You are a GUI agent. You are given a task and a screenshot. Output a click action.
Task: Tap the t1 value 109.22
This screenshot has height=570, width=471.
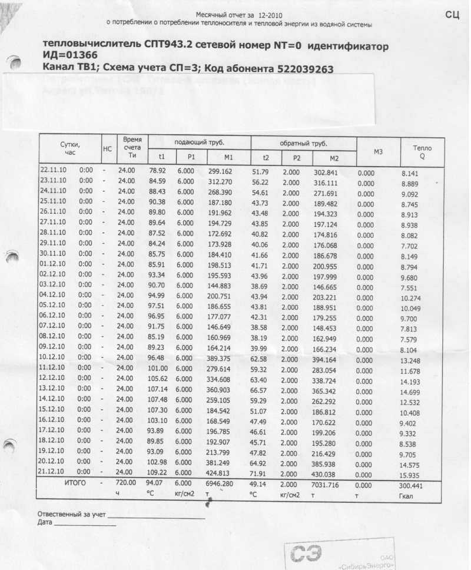[157, 472]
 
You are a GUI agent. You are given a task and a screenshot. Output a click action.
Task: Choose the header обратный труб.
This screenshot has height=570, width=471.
[304, 143]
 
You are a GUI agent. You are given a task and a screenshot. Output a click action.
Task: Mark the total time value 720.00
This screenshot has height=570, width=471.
[128, 483]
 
